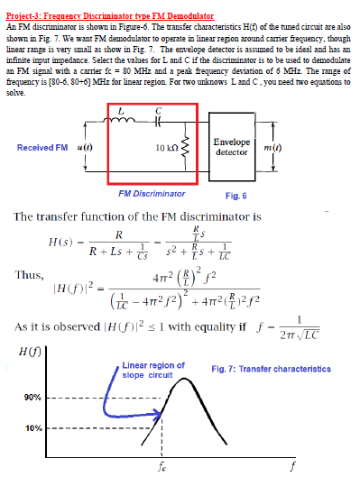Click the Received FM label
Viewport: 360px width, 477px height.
click(42, 147)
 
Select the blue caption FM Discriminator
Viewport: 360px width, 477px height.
click(152, 194)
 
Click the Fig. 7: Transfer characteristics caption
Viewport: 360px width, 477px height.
click(270, 369)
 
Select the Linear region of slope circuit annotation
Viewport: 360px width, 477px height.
click(152, 370)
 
